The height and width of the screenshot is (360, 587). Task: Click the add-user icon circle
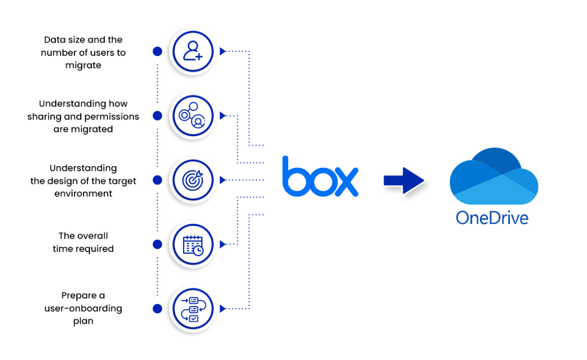193,51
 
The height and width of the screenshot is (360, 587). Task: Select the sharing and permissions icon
193,116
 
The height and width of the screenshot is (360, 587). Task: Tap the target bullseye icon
193,180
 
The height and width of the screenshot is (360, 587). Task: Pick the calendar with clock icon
193,244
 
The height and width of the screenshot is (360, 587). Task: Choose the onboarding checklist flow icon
193,309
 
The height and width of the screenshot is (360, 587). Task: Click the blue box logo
320,177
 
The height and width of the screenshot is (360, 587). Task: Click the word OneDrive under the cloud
492,217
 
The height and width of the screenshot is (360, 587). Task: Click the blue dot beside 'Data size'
158,51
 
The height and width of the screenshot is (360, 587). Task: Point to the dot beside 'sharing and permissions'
158,116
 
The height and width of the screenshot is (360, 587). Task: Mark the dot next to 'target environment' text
158,180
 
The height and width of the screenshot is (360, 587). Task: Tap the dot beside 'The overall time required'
158,244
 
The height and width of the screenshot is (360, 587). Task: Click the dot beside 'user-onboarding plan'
158,309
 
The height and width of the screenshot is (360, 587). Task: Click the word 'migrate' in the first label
83,66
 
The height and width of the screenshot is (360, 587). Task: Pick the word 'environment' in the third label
83,194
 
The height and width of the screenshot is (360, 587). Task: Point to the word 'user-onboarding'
83,309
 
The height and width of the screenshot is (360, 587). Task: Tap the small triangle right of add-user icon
223,51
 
